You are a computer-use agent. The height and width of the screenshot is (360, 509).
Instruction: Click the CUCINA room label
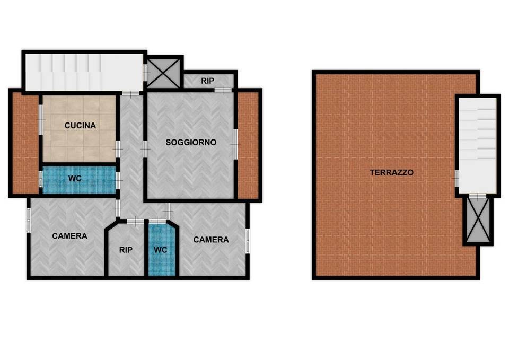pyautogui.click(x=80, y=126)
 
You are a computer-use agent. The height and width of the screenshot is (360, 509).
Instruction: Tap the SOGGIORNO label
pyautogui.click(x=191, y=142)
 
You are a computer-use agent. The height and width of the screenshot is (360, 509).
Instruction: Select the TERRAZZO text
pyautogui.click(x=391, y=172)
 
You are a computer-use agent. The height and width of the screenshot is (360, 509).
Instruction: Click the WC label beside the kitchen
pyautogui.click(x=75, y=179)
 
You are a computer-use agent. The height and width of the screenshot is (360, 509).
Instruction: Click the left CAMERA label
pyautogui.click(x=69, y=236)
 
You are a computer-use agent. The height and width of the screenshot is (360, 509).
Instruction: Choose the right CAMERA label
pyautogui.click(x=211, y=240)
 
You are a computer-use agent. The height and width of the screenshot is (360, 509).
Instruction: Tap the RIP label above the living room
pyautogui.click(x=207, y=81)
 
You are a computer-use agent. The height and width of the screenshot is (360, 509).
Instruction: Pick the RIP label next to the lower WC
pyautogui.click(x=126, y=250)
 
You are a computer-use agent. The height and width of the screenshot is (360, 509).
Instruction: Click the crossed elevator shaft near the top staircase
pyautogui.click(x=164, y=73)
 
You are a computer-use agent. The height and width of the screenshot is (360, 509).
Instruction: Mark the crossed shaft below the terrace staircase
pyautogui.click(x=478, y=220)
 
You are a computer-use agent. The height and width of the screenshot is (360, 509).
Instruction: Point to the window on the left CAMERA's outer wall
pyautogui.click(x=29, y=219)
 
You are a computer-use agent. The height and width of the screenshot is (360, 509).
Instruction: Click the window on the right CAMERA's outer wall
pyautogui.click(x=248, y=241)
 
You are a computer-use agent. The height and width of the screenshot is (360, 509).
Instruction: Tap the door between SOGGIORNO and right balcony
pyautogui.click(x=235, y=144)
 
